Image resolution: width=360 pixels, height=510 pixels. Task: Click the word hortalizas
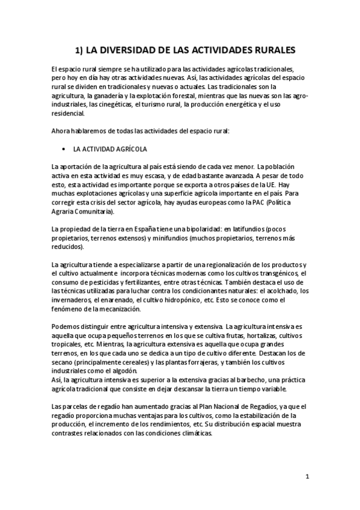point(248,335)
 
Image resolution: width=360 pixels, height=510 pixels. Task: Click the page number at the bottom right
point(307,477)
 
